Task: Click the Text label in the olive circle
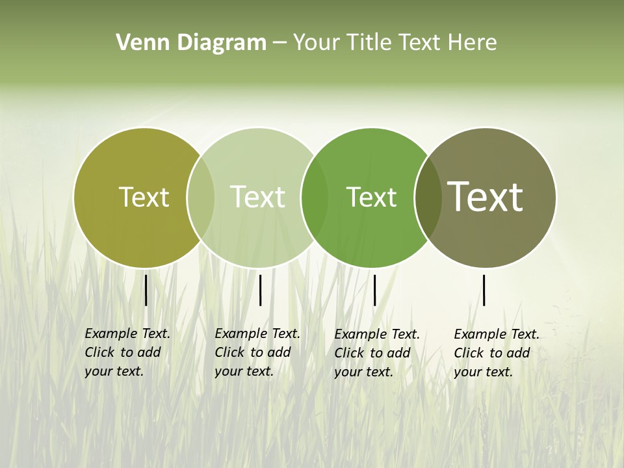coord(144,197)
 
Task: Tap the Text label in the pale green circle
coord(258,197)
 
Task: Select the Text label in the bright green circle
coord(371,197)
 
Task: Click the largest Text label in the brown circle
coord(486,197)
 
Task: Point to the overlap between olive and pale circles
coord(201,198)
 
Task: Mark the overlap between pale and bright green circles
coord(315,198)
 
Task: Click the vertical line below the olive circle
coord(146,290)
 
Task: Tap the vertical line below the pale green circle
coord(260,290)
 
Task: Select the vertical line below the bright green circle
coord(374,290)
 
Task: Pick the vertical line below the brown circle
coord(484,290)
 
